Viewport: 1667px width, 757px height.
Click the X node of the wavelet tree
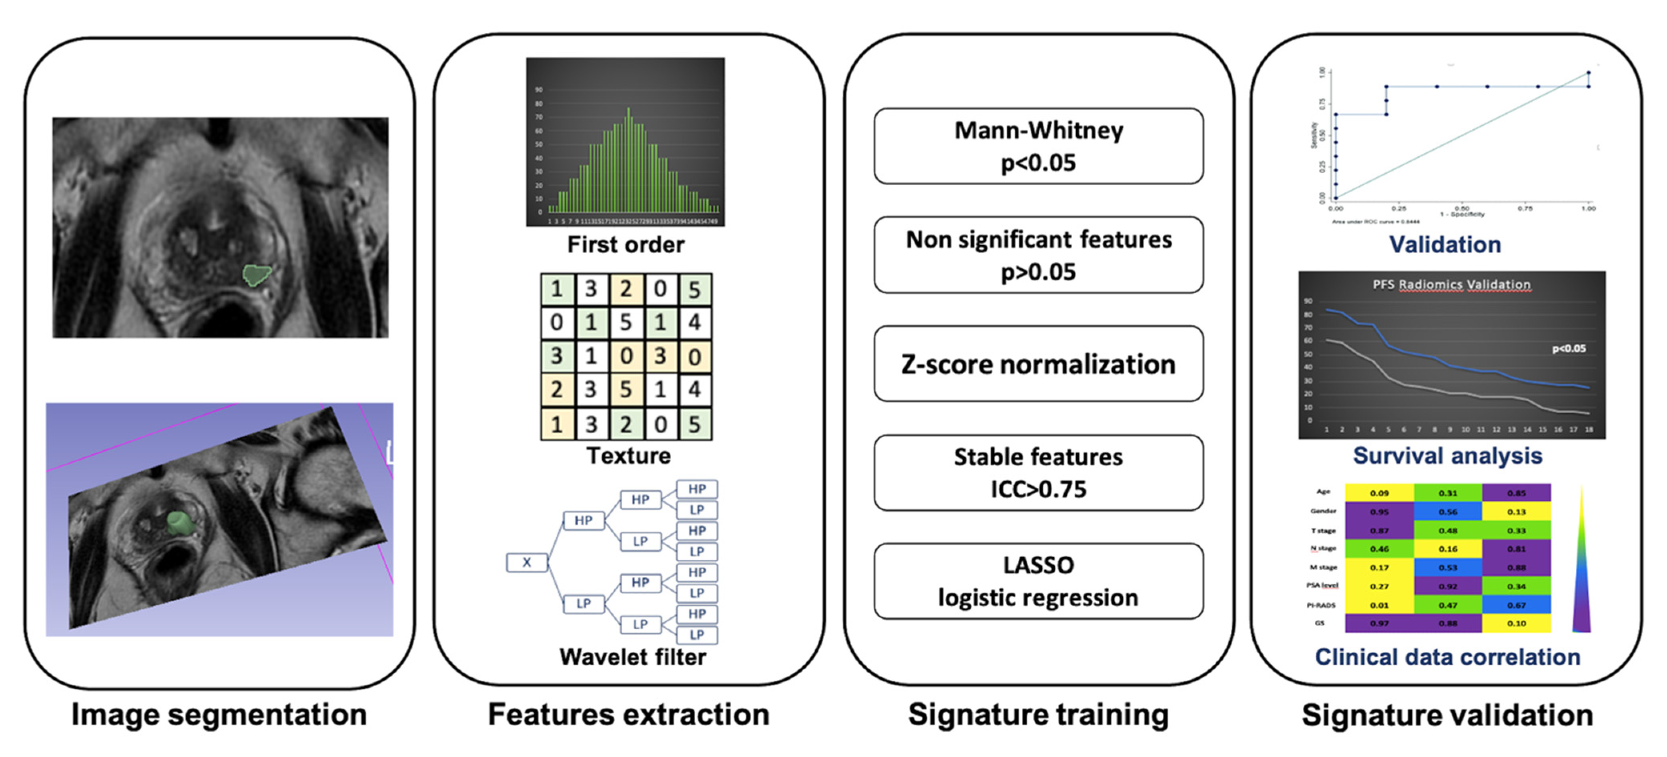pos(527,562)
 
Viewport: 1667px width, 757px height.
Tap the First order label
pos(625,244)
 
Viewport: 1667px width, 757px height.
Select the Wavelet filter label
pos(632,657)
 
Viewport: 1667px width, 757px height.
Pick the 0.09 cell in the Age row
pos(1379,493)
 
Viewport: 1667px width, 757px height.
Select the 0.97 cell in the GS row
pos(1379,623)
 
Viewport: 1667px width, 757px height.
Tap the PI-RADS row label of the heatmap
pos(1321,605)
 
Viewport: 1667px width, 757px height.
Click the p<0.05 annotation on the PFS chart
pos(1569,349)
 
